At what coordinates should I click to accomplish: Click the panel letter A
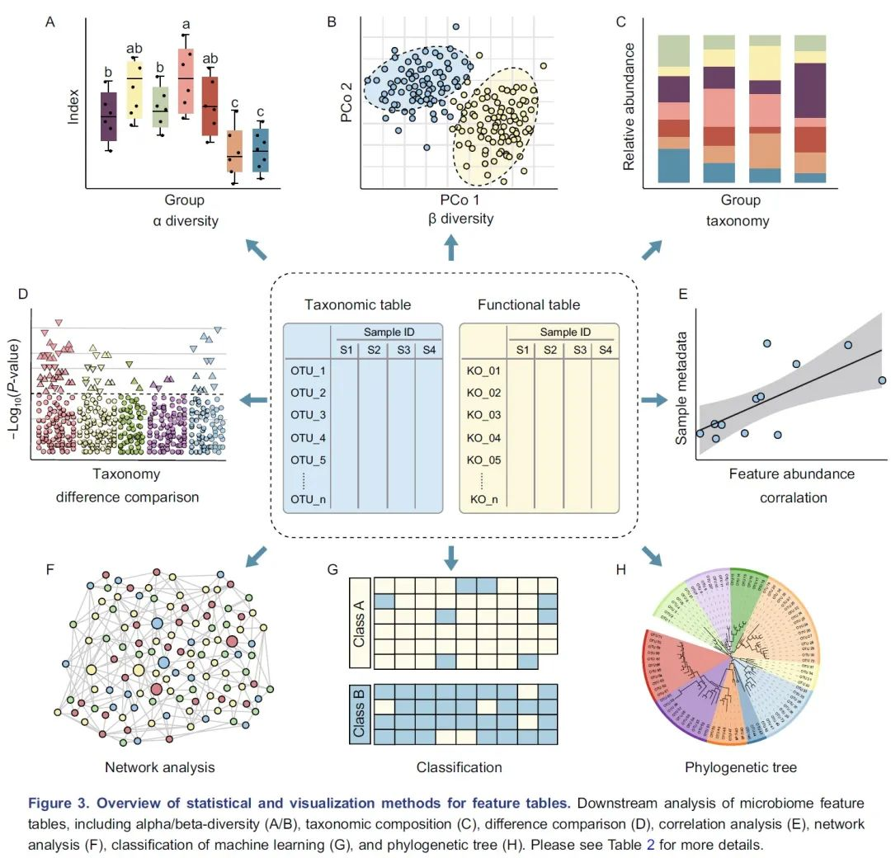pos(51,22)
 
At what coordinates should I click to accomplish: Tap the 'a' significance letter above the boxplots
pos(186,24)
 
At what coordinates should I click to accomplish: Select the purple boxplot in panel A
pos(108,116)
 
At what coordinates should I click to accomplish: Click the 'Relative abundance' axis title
pos(629,106)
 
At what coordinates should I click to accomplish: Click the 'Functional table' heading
pos(528,304)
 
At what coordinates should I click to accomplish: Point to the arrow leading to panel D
pos(253,401)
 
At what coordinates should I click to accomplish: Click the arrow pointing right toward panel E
pos(654,400)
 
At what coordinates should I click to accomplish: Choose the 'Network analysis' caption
pos(159,767)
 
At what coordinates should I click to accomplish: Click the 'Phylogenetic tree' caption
pos(740,767)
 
